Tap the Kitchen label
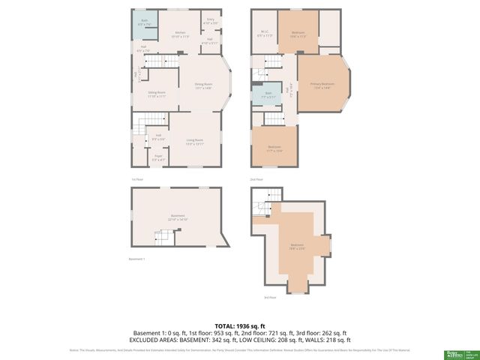[180, 34]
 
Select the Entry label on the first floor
[211, 22]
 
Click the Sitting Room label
[156, 94]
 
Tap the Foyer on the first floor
[158, 158]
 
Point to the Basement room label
[178, 217]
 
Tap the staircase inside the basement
[163, 238]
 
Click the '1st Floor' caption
[136, 180]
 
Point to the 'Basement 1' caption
[137, 259]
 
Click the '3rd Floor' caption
[270, 298]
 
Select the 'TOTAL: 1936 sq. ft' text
[239, 326]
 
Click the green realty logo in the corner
[452, 353]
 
